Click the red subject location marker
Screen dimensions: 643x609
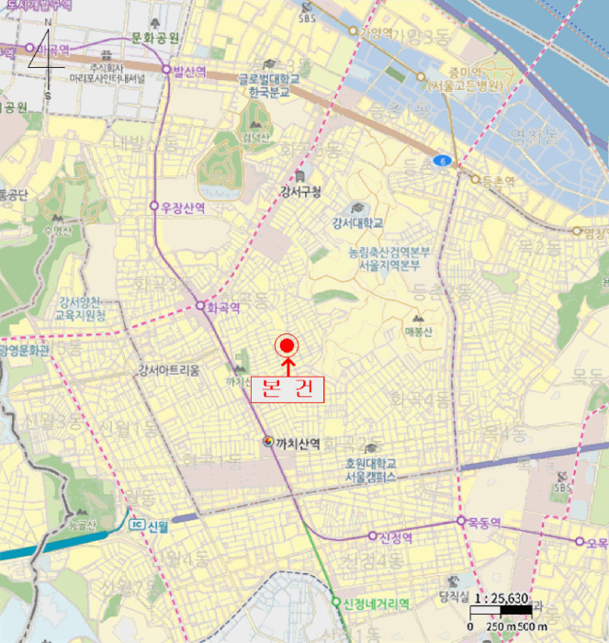pos(287,345)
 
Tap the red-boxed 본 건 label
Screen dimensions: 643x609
pos(288,389)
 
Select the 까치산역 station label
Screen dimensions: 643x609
pos(298,443)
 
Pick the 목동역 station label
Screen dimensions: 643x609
pos(483,522)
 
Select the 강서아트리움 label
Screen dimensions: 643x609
pos(168,371)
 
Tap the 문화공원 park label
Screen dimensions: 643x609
pos(154,37)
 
